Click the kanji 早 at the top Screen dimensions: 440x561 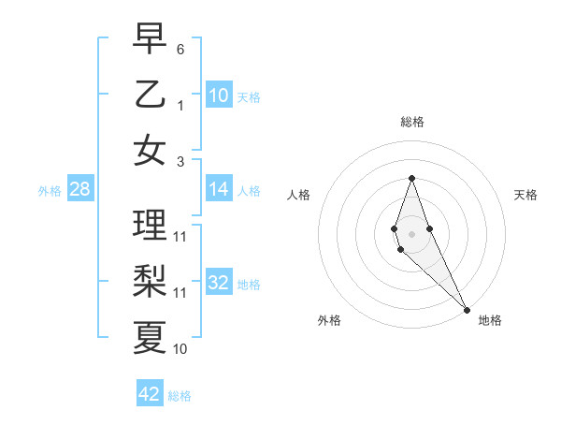point(150,38)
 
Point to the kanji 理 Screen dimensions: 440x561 point(150,225)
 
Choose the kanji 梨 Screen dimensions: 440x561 point(150,280)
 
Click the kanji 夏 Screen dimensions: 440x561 point(150,336)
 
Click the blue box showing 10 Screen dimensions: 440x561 point(219,95)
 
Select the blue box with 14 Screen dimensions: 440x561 point(219,189)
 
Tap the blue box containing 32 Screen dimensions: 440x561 point(219,283)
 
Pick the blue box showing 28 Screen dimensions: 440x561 point(79,189)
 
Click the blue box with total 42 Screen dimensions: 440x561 point(150,393)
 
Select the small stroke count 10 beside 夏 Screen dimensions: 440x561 point(180,349)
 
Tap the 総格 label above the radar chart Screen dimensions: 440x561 point(412,122)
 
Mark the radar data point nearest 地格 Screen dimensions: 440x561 point(467,309)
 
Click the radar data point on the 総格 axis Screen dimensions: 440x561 point(411,178)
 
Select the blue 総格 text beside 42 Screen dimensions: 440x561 point(180,396)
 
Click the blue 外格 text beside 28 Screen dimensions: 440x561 point(49,191)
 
